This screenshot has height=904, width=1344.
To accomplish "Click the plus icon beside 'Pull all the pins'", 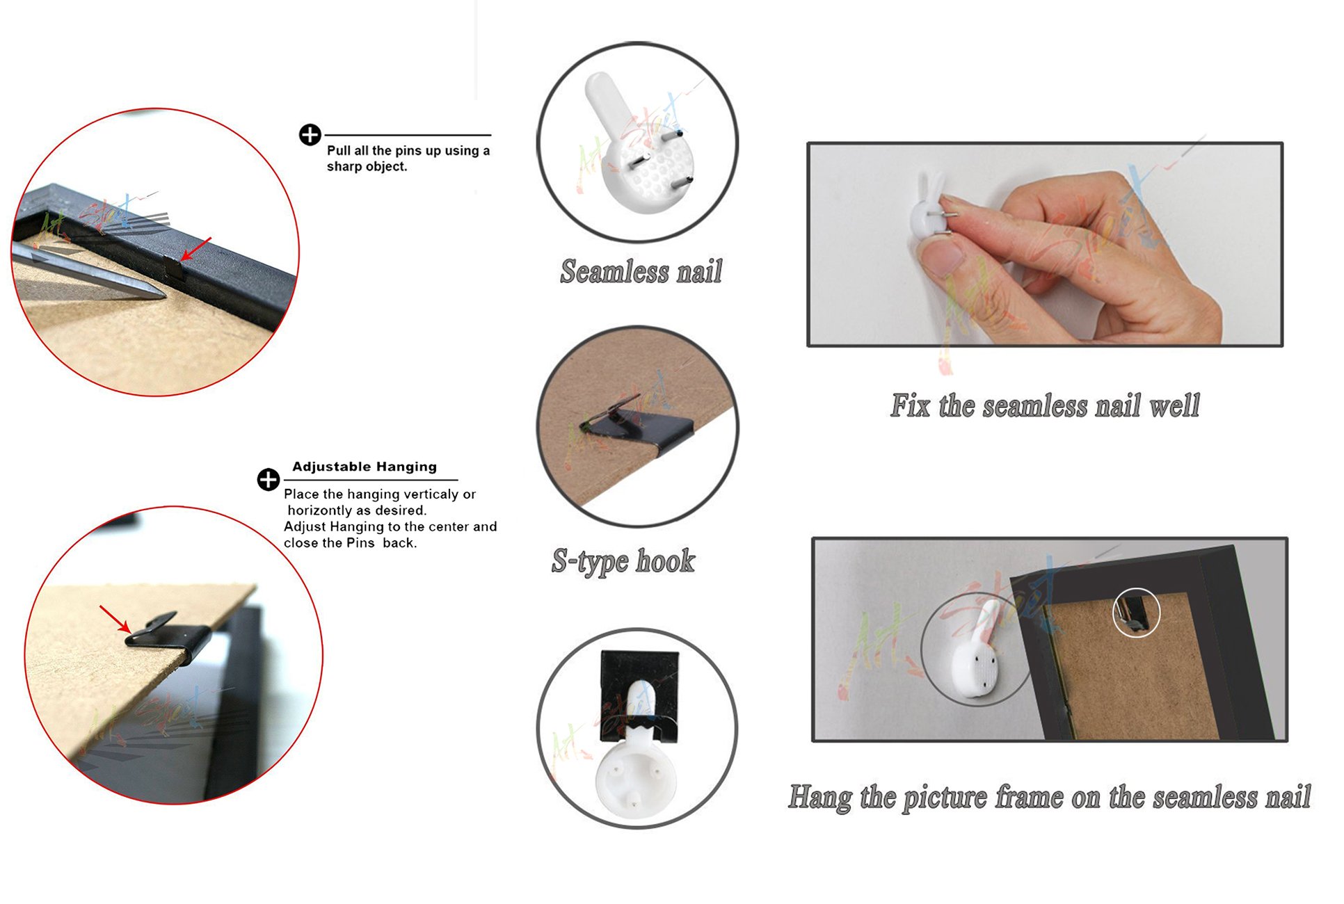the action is pos(310,134).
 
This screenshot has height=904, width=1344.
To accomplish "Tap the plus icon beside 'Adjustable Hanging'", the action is pos(269,479).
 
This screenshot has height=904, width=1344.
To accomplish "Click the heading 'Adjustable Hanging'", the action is pos(365,467).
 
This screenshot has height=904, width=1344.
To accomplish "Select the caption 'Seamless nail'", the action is pos(641,271).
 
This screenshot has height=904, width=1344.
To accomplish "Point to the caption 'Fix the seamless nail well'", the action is pos(1045,405).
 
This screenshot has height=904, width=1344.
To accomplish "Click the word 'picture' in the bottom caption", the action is pos(945,798).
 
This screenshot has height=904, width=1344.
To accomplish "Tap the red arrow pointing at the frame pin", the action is pos(195,249).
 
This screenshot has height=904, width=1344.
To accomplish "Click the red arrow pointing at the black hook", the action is pos(115,619).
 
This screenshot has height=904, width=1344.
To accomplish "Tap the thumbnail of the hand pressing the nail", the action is pos(1045,245).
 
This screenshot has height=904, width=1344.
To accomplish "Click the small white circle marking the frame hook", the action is pos(1136,613).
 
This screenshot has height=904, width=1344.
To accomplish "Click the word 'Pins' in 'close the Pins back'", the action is pos(360,543).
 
